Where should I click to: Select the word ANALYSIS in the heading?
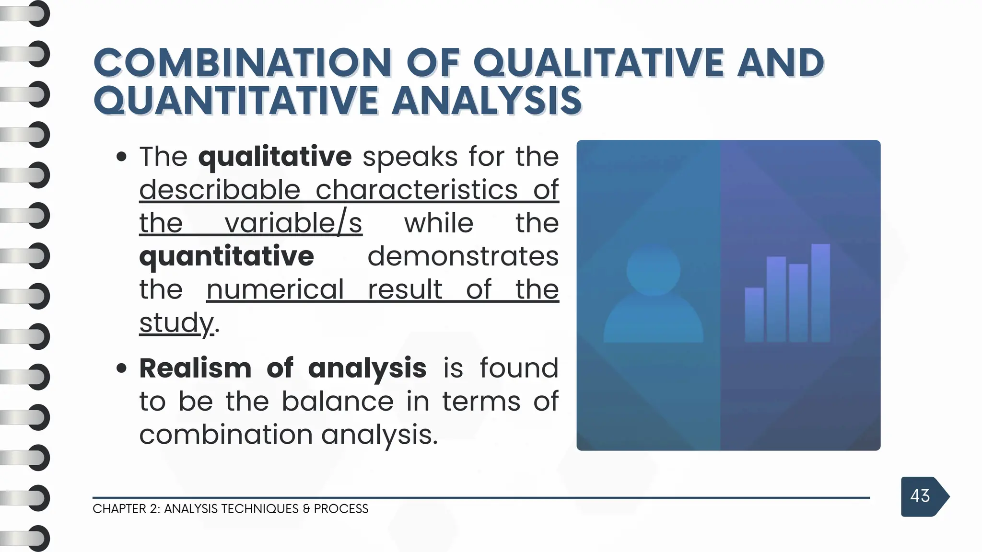click(487, 101)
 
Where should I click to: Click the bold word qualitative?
click(275, 157)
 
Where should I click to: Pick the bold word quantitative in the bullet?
click(226, 256)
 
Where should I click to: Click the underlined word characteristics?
click(417, 190)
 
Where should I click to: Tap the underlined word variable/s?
click(293, 223)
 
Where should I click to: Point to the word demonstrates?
click(463, 256)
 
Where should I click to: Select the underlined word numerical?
click(275, 289)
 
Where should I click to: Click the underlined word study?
click(176, 322)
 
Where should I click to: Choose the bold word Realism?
click(195, 368)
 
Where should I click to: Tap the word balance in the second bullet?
click(337, 401)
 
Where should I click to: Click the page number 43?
click(920, 496)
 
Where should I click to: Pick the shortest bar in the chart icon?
click(754, 314)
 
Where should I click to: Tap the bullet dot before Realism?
click(122, 368)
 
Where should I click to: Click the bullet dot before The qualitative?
click(122, 157)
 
